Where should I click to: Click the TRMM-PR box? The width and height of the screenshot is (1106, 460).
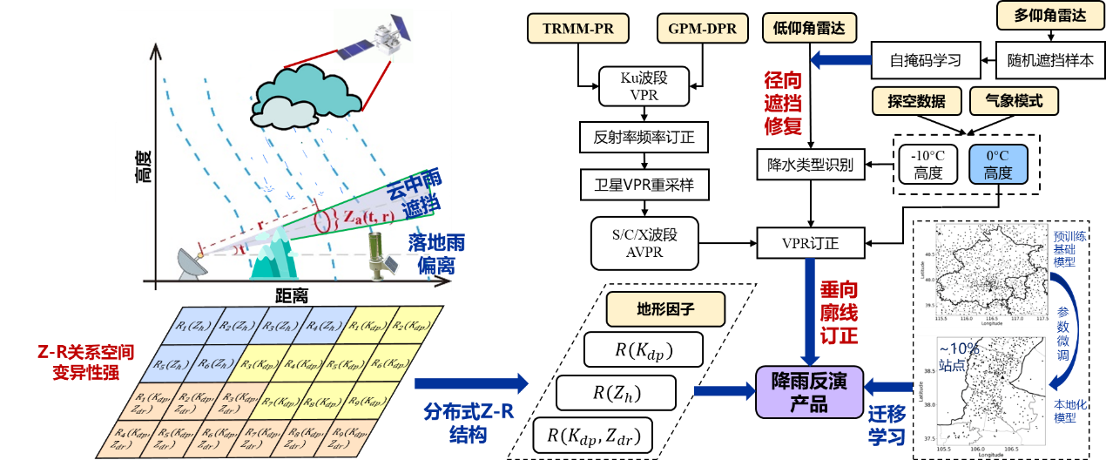[578, 29]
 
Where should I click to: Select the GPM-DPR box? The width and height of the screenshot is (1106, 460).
[702, 29]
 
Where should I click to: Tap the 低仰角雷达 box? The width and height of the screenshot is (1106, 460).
[808, 29]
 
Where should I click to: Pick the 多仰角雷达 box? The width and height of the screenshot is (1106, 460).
[1049, 16]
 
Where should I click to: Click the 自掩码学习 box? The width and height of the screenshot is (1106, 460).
[925, 60]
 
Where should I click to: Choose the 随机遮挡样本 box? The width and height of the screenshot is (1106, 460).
[1049, 60]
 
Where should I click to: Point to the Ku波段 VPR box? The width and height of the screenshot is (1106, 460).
[644, 86]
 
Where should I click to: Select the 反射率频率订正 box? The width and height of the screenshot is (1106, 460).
[644, 137]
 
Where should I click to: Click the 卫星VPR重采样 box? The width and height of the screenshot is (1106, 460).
[644, 185]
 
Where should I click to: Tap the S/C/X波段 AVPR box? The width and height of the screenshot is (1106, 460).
[644, 243]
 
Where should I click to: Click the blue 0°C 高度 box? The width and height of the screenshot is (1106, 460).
[998, 164]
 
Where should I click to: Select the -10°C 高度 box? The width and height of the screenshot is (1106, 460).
[927, 164]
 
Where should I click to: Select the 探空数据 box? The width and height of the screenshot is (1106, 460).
[916, 101]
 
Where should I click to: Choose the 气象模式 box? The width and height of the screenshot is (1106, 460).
[1014, 101]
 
